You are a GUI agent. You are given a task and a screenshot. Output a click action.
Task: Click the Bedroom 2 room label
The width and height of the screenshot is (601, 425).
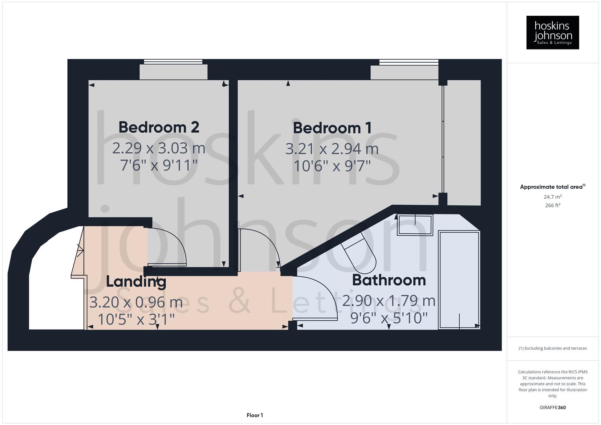click(x=159, y=128)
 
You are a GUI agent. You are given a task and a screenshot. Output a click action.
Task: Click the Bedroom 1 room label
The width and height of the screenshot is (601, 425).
click(x=332, y=128)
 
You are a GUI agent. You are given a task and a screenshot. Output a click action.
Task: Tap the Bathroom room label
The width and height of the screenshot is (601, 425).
click(x=389, y=280)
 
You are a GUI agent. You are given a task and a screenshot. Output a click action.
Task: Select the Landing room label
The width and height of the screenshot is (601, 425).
click(x=136, y=282)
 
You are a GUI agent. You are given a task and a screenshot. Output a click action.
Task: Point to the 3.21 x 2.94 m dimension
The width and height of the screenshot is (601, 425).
click(x=332, y=149)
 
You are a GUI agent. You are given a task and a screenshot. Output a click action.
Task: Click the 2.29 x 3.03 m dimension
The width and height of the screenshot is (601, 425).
click(x=159, y=148)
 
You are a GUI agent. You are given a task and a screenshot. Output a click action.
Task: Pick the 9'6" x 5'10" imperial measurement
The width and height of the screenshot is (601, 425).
click(x=388, y=318)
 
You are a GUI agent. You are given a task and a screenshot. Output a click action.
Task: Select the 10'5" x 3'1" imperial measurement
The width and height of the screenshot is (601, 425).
click(x=136, y=319)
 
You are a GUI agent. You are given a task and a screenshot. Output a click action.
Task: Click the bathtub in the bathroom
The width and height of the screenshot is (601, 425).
click(x=459, y=280)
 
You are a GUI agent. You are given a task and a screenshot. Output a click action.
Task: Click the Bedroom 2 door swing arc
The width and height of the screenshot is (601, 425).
click(x=169, y=246)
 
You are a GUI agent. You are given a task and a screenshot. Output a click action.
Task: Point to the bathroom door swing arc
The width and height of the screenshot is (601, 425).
click(x=317, y=297)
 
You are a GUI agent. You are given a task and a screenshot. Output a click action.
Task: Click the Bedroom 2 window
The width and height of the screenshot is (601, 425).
click(x=173, y=62)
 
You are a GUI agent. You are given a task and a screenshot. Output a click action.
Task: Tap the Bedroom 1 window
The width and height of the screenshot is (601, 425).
click(x=409, y=62)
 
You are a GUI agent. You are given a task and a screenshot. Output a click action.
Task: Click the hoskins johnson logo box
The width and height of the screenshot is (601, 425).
click(x=553, y=33)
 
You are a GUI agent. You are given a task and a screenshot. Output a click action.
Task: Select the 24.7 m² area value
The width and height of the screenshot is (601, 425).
click(x=553, y=197)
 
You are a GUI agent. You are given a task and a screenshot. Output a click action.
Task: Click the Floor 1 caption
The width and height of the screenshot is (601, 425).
click(x=255, y=415)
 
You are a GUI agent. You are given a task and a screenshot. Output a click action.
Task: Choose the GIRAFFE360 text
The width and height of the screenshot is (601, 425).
click(x=553, y=408)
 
